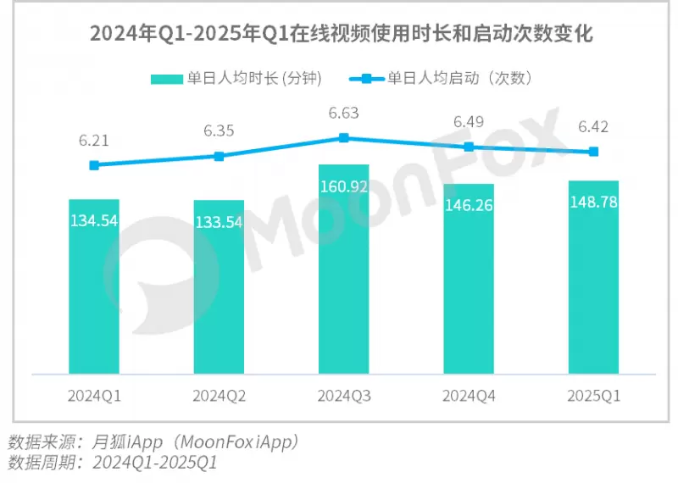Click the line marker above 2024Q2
(x=219, y=156)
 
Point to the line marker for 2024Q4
(x=469, y=147)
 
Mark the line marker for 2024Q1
(x=94, y=165)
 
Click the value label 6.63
(x=344, y=113)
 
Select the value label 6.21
(x=94, y=140)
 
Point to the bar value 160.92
(x=344, y=186)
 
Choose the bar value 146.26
(x=469, y=205)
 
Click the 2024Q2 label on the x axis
(x=219, y=396)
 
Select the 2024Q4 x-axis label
(x=469, y=396)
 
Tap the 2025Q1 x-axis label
(x=593, y=396)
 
